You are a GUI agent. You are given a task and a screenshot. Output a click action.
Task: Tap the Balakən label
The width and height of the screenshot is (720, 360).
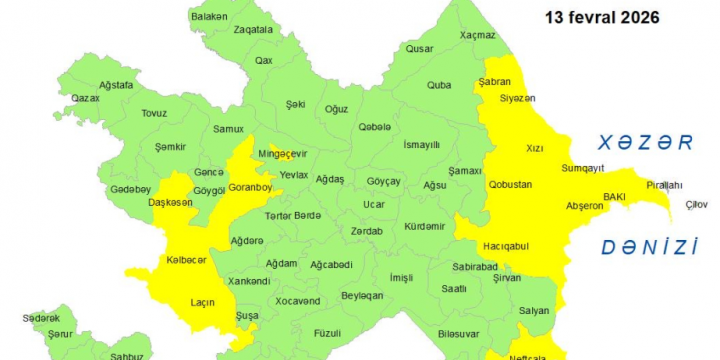209,17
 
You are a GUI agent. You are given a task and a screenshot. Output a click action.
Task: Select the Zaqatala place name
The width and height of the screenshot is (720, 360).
252,30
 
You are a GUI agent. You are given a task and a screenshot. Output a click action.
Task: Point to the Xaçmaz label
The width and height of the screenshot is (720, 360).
478,35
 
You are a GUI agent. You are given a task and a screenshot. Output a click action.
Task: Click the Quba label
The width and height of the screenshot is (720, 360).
439,85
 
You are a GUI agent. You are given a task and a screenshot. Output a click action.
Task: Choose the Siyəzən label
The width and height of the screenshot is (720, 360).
518,97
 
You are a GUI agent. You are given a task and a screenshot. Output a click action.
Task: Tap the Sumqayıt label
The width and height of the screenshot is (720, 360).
583,168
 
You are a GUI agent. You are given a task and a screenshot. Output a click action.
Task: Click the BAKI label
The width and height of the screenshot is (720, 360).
614,197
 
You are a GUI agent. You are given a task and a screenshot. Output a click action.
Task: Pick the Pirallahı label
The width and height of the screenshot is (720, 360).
664,185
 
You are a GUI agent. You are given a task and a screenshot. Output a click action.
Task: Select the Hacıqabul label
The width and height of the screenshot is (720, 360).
505,246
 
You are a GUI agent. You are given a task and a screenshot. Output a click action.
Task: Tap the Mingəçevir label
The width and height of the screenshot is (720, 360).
282,154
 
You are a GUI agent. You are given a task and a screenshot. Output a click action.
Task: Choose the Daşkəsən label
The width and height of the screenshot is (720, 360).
169,202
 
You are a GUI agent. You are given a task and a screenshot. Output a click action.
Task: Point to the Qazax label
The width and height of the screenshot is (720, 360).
86,98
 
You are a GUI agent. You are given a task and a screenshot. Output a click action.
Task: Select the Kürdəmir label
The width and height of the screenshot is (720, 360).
425,226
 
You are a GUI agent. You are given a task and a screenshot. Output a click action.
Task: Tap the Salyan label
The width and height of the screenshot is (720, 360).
534,310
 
